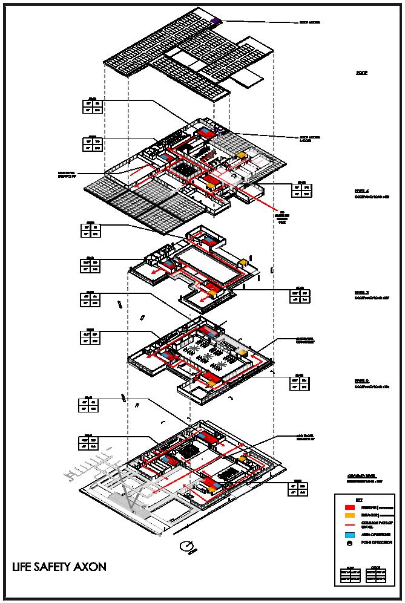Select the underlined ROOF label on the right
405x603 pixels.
pyautogui.click(x=361, y=73)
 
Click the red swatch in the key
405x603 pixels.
pyautogui.click(x=349, y=506)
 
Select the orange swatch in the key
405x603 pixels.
pyautogui.click(x=349, y=515)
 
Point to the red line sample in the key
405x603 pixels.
pyautogui.click(x=349, y=524)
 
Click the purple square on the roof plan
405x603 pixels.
pyautogui.click(x=216, y=21)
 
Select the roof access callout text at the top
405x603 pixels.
pyautogui.click(x=309, y=22)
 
